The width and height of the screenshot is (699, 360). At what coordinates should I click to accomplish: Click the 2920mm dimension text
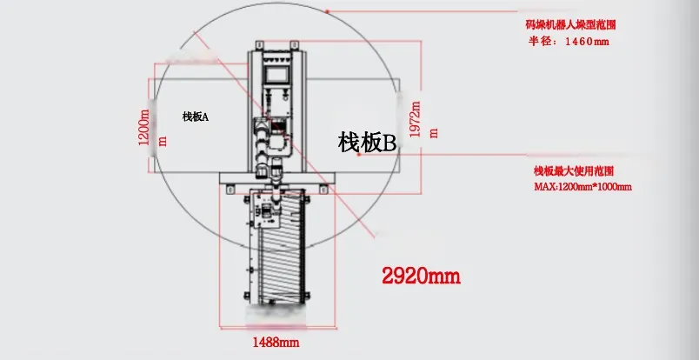(x=421, y=277)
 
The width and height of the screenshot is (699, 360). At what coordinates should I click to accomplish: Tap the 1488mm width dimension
(x=276, y=342)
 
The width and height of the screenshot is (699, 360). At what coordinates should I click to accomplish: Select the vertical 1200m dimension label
(x=145, y=128)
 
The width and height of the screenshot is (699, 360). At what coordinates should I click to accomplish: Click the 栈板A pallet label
(x=196, y=117)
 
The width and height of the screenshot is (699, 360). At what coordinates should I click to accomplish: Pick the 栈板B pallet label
(x=367, y=142)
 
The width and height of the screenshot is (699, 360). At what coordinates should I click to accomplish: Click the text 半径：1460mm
(x=569, y=41)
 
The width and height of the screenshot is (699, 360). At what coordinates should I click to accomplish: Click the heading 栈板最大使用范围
(x=574, y=171)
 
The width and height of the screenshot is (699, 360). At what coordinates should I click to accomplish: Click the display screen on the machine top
(x=277, y=75)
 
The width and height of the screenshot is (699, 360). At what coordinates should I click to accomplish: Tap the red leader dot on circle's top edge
(x=326, y=10)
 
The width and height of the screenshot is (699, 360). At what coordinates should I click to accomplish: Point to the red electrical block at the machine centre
(x=277, y=127)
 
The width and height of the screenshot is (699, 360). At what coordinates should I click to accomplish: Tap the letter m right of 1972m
(x=433, y=132)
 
